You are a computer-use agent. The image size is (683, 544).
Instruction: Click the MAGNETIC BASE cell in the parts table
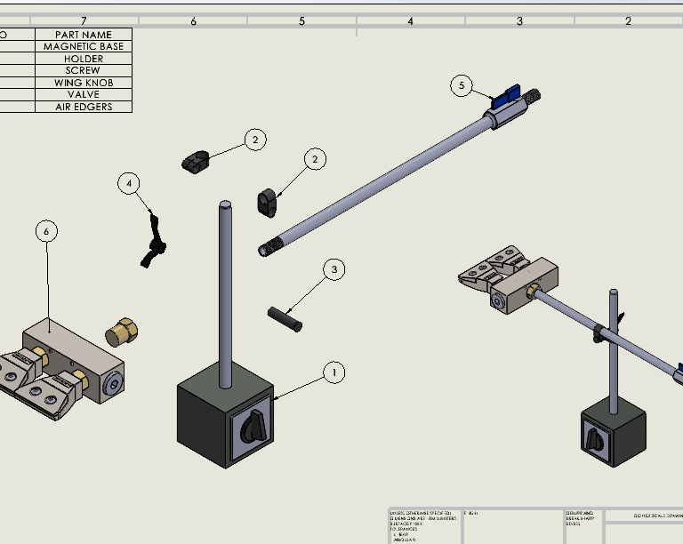84,46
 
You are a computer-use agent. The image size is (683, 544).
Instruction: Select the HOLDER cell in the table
84,59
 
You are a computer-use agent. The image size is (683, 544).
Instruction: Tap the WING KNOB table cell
84,83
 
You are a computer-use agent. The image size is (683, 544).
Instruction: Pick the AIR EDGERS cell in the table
84,107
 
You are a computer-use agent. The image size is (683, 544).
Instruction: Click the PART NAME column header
84,35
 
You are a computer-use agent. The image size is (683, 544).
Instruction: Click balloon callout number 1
333,372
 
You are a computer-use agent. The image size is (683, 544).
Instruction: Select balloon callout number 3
333,269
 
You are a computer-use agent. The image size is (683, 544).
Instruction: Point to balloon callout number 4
129,184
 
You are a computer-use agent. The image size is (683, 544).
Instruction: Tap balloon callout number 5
461,85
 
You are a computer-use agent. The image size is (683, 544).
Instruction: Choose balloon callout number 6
47,231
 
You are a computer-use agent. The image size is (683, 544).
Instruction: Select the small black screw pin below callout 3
285,318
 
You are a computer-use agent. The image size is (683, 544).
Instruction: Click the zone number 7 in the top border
84,20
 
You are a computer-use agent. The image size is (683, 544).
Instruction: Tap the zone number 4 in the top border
410,20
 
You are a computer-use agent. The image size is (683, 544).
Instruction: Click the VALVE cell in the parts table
84,94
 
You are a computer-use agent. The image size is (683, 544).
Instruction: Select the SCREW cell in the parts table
84,70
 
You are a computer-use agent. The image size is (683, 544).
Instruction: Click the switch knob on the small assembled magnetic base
593,438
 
